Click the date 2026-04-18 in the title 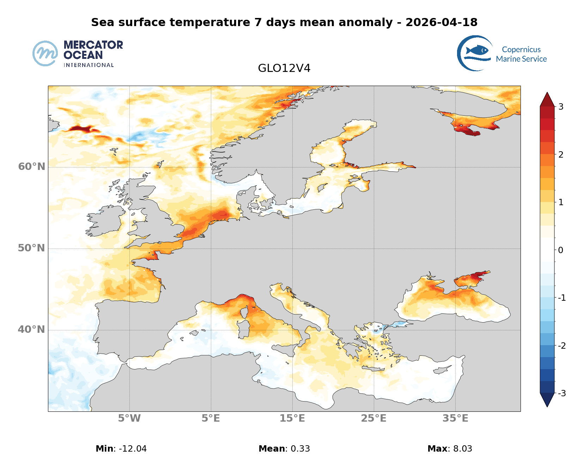441,22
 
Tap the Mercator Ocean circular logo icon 45,54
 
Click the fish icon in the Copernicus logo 477,50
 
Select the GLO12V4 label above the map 284,68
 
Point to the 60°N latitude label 32,166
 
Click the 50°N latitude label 32,248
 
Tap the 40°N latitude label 32,329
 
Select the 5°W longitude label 129,418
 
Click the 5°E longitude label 211,418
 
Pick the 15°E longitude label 292,418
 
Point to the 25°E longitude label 373,418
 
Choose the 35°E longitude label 455,418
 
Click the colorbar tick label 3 561,106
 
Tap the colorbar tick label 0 561,250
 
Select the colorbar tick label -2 562,345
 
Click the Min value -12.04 133,449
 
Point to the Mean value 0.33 298,449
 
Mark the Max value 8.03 462,449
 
